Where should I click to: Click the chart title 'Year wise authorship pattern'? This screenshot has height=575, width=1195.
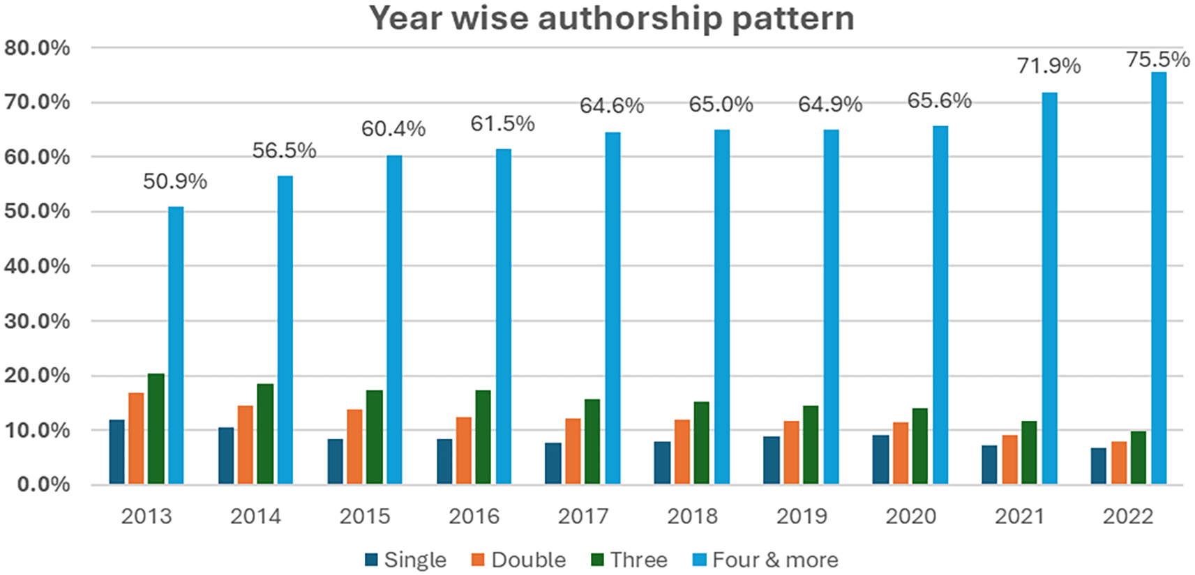coord(611,19)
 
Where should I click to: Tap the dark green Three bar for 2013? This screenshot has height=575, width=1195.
coord(156,429)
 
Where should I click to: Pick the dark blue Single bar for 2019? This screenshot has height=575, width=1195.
coord(771,460)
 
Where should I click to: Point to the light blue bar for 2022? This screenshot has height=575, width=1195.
coord(1159,279)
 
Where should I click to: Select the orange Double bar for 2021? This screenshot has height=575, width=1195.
coord(1009,459)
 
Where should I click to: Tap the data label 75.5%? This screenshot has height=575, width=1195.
coord(1158,60)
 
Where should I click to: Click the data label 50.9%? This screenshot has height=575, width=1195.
coord(175,182)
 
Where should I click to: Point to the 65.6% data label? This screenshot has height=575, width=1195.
coord(939,101)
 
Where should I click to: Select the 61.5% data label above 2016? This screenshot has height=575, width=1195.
coord(502,124)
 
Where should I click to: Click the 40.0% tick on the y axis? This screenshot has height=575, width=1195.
coord(38,266)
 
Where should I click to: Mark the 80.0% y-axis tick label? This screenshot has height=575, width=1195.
coord(38,48)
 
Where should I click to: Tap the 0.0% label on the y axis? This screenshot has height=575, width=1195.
coord(43,484)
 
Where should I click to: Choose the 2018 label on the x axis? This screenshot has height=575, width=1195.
coord(692,516)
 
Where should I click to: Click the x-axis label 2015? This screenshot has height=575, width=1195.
coord(364,516)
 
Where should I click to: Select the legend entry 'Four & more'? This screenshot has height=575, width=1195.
coord(774,560)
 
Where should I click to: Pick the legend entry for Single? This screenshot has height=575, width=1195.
coord(414,560)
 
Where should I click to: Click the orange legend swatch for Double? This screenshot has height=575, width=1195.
coord(478,560)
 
